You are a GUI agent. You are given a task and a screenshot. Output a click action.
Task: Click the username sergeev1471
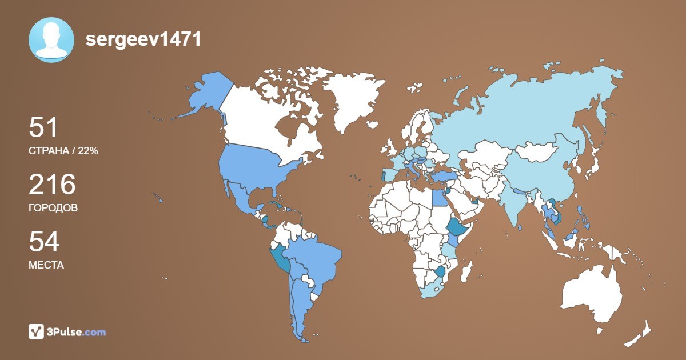pyautogui.click(x=143, y=39)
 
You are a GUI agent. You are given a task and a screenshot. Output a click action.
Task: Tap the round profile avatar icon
pyautogui.click(x=51, y=39)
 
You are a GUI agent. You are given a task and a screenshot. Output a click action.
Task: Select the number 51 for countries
pyautogui.click(x=44, y=127)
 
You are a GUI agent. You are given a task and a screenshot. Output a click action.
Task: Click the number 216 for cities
pyautogui.click(x=52, y=185)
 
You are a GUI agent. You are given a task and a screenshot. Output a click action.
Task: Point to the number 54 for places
pyautogui.click(x=44, y=242)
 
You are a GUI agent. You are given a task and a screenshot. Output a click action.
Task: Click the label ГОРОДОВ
pyautogui.click(x=53, y=208)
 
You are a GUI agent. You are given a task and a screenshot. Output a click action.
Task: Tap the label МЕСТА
pyautogui.click(x=46, y=265)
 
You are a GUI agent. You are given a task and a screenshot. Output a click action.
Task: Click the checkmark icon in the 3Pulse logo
pyautogui.click(x=37, y=331)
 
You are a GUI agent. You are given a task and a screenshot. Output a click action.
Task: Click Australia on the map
pyautogui.click(x=592, y=291)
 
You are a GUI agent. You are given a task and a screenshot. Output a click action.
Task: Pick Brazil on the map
pyautogui.click(x=314, y=257)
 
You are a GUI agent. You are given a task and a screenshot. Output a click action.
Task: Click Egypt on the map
pyautogui.click(x=437, y=197)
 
